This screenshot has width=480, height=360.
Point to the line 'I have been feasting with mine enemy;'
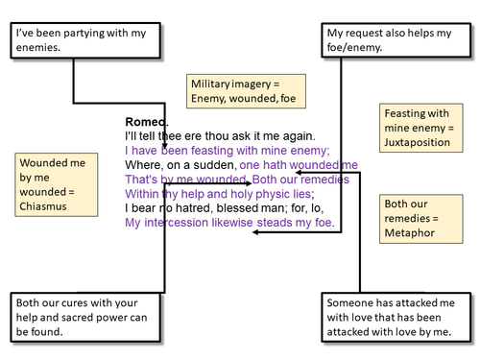point(228,151)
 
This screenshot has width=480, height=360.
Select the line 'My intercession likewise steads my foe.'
point(230,222)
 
